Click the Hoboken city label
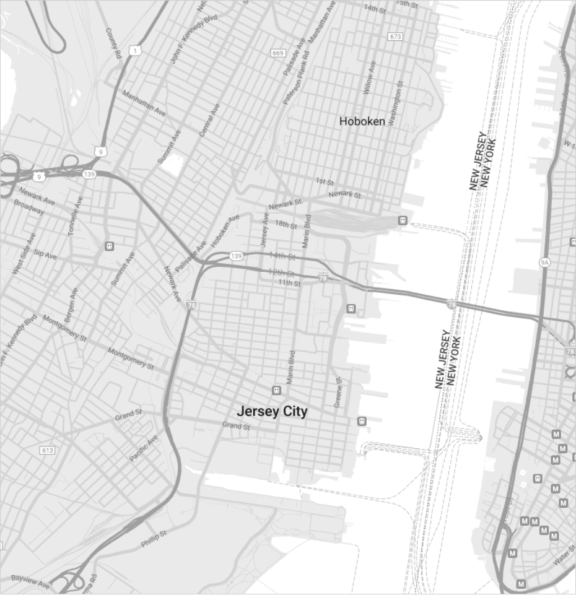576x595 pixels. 362,121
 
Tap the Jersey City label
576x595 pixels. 272,411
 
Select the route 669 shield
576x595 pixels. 278,53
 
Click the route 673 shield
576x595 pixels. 395,37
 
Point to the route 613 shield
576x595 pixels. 47,450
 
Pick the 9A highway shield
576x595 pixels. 544,263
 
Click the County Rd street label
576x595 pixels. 113,43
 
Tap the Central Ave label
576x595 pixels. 209,119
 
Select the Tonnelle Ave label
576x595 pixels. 76,215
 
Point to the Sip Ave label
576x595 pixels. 45,254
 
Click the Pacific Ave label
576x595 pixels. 144,448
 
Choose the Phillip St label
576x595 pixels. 154,539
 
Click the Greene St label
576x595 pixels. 338,392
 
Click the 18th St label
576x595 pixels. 286,224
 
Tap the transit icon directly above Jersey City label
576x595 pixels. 276,390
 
